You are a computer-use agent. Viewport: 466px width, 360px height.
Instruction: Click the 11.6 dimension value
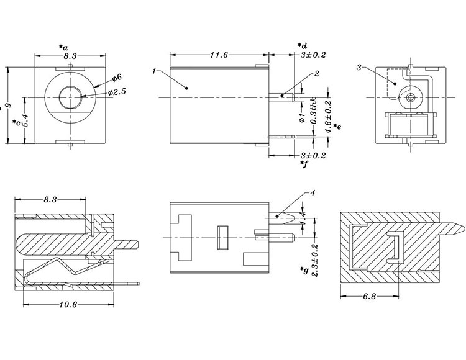(218, 55)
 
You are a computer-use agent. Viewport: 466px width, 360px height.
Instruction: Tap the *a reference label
(63, 47)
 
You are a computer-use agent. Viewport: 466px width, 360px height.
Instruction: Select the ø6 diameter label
(117, 78)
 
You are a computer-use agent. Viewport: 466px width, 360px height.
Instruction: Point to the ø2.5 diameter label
(117, 92)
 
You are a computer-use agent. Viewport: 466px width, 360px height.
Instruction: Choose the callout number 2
(316, 74)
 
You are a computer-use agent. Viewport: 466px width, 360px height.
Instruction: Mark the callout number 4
(313, 193)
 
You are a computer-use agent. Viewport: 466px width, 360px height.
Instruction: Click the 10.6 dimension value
(69, 305)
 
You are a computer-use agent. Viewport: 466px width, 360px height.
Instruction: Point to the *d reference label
(303, 45)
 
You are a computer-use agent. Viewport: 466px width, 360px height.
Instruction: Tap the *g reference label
(303, 271)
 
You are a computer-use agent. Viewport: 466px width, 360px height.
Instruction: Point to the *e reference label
(336, 127)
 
